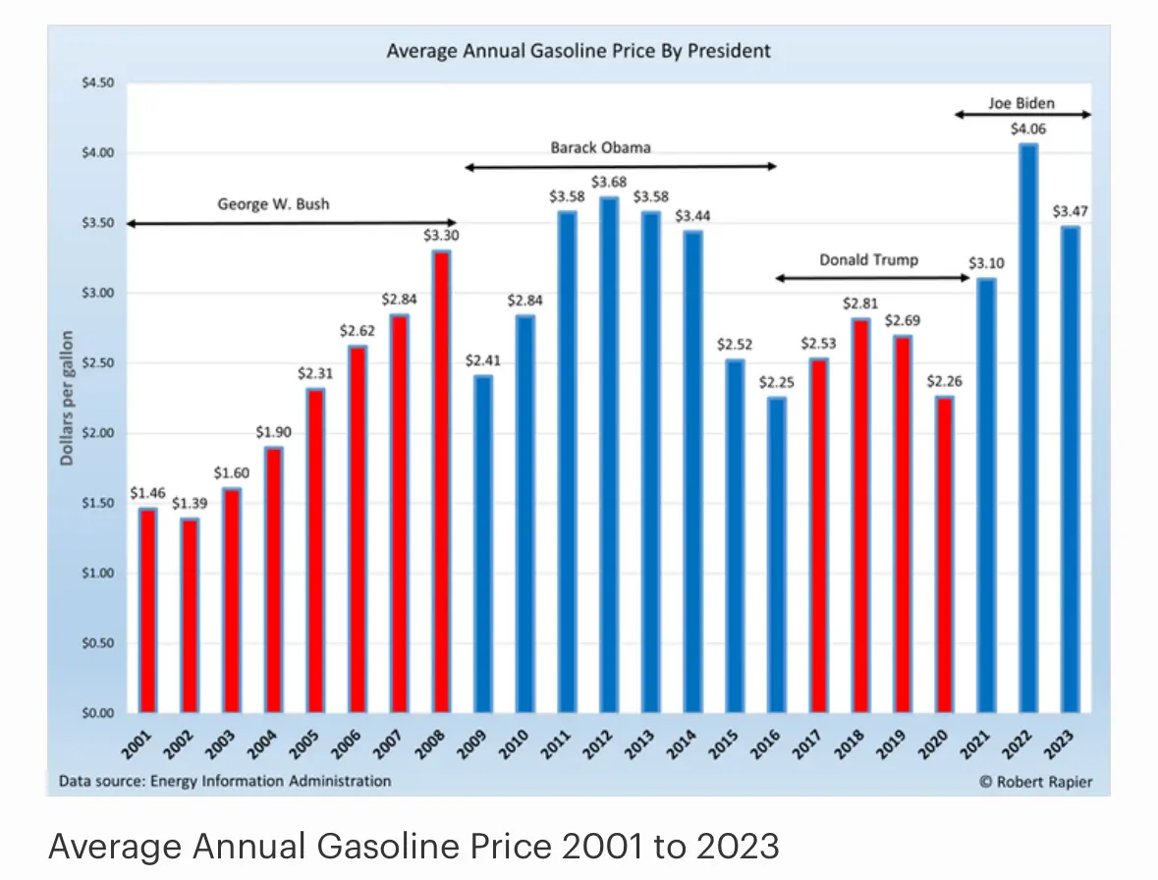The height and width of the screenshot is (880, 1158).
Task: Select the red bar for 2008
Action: click(x=442, y=481)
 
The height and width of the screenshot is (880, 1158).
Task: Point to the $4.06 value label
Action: click(x=1028, y=129)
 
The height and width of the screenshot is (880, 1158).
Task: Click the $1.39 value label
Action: click(x=190, y=503)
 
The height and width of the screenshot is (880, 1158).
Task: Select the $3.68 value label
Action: click(x=609, y=182)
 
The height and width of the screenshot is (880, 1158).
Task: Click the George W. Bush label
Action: click(x=273, y=205)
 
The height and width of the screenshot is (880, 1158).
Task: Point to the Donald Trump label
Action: click(x=869, y=260)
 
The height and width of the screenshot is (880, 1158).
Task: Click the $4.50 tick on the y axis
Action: click(x=98, y=83)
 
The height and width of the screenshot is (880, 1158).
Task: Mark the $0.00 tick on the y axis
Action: click(x=98, y=713)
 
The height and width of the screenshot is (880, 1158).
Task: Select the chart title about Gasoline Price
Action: click(x=579, y=50)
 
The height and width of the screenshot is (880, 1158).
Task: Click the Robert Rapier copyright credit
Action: click(x=1035, y=782)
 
